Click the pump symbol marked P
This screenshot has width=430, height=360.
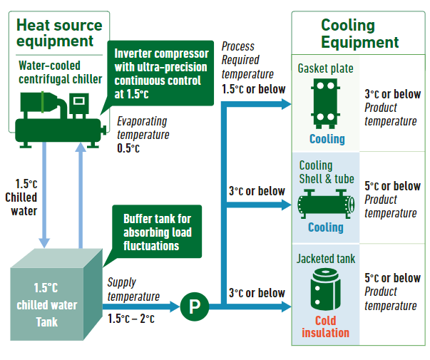coord(195,307)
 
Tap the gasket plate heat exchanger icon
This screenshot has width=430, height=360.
coord(325,103)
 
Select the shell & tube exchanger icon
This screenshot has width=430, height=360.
coord(326,204)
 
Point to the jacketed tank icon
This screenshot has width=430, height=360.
coord(325,289)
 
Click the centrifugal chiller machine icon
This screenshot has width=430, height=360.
coord(61,120)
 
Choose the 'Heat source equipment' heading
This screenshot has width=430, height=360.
coord(59,33)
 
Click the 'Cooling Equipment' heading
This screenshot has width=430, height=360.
coord(360,34)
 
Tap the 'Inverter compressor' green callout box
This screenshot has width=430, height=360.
coord(160,73)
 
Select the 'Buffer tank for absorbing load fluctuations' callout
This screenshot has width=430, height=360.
coord(157,232)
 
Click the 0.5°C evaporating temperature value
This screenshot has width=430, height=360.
coord(128,148)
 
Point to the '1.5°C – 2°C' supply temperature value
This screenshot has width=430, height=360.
coord(131,319)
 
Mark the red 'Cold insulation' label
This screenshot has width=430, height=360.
coord(325,326)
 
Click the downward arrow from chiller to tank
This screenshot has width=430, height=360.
coord(44,195)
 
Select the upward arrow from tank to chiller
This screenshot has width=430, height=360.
coord(81,195)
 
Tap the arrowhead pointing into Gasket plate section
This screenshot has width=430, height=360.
coord(287,104)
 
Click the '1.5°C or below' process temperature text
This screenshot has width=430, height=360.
coord(254,89)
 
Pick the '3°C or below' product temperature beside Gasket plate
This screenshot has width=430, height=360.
coord(393,94)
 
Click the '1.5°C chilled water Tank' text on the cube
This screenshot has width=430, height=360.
coord(47,305)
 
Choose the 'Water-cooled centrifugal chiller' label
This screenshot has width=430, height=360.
coord(61,73)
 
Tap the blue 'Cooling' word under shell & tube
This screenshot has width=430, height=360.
coord(326,227)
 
